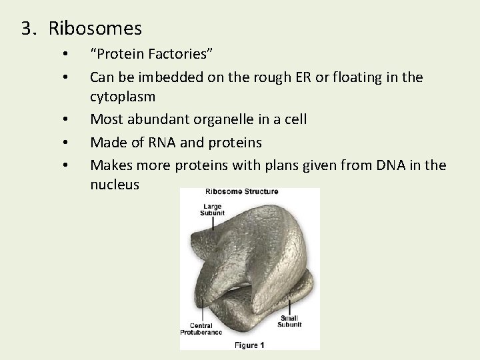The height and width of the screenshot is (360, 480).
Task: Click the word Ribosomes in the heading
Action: point(95,29)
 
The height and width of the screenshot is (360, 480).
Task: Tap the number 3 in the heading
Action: point(27,29)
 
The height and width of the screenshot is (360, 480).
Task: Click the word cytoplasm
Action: point(123,97)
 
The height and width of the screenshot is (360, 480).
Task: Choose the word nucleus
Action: point(115,185)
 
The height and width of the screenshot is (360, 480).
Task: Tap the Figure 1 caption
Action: point(249,345)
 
